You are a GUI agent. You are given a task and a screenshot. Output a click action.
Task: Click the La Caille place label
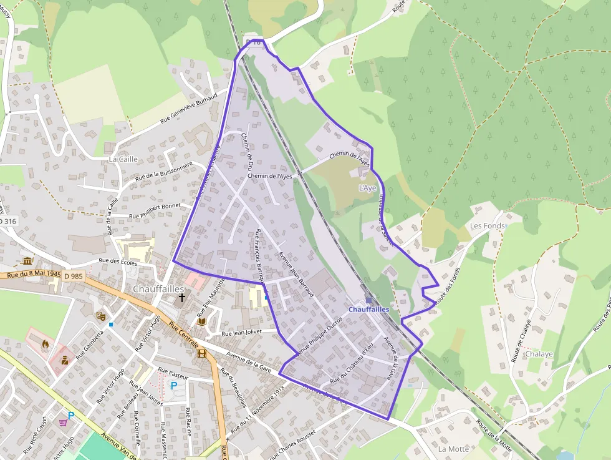coord(123,159)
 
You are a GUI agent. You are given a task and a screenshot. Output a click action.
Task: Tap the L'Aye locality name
coord(368,188)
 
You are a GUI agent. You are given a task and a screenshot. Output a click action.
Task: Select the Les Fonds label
coord(487,225)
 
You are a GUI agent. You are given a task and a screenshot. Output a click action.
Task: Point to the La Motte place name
coord(453,449)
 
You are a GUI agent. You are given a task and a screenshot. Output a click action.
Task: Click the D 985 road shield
coord(72,276)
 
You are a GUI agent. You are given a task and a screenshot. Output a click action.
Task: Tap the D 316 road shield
coord(7,222)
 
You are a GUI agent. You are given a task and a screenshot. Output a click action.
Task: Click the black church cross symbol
coord(183,298)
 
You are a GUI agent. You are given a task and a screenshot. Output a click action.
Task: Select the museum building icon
coord(27,261)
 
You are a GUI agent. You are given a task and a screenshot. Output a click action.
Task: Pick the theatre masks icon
coord(100,316)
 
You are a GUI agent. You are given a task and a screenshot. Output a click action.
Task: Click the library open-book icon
coord(201,321)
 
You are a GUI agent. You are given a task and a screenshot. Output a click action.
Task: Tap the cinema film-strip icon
coord(201,353)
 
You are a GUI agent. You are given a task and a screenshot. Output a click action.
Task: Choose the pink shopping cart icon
coord(63,422)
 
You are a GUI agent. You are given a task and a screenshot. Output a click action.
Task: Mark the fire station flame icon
coord(45,343)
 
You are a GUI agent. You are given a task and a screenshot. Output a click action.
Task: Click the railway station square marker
coord(368,300)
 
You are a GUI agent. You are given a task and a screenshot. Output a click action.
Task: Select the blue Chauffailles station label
coord(368,309)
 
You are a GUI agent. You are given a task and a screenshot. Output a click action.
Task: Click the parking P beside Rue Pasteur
coord(174,385)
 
